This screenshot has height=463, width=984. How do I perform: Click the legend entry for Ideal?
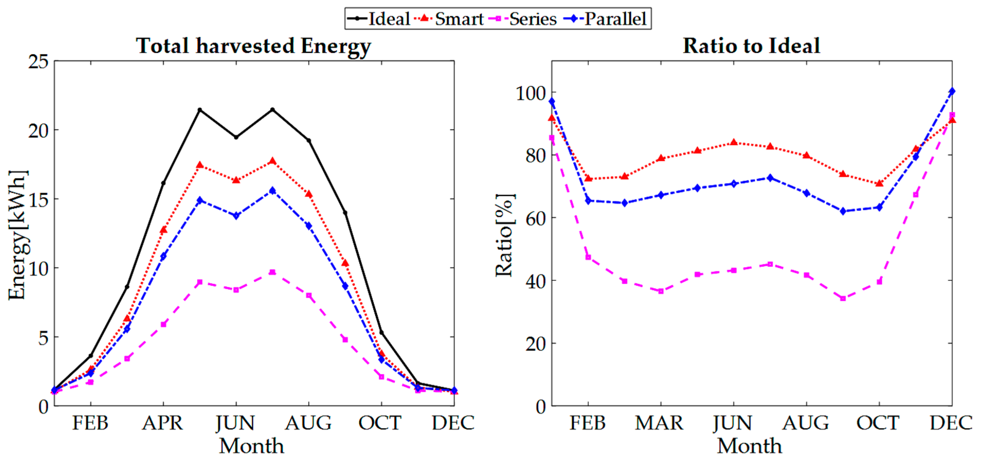[x=378, y=19]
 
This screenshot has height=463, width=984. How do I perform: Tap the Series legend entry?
[x=523, y=19]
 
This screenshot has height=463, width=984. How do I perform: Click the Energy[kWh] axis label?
[x=18, y=235]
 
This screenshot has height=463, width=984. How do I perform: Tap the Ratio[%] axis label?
[x=505, y=235]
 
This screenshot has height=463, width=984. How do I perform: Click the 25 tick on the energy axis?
[x=38, y=61]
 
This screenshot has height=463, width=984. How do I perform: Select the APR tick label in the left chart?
[x=163, y=423]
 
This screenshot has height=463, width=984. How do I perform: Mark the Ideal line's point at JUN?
[x=236, y=137]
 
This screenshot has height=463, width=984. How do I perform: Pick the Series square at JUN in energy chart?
[x=236, y=290]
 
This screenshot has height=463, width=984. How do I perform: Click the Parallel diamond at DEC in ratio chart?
[x=952, y=91]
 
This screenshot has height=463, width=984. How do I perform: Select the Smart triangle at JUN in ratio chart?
[x=733, y=142]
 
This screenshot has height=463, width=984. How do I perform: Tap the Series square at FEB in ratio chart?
[x=588, y=257]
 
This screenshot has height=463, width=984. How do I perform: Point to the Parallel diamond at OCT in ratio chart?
[x=879, y=207]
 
